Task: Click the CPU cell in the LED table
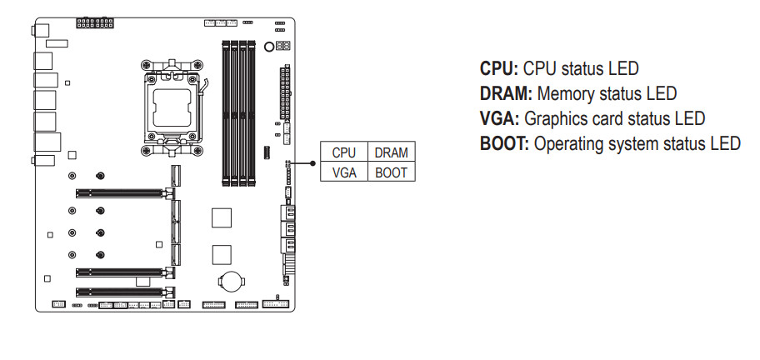(344, 152)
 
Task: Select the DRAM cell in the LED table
(391, 152)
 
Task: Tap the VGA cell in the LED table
(344, 172)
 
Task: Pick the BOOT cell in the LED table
(391, 172)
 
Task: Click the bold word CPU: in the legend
(499, 68)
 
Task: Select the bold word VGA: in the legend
(500, 118)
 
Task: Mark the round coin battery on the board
(229, 279)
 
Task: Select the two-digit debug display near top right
(282, 47)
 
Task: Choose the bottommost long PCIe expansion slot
(120, 292)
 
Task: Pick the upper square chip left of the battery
(221, 217)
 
